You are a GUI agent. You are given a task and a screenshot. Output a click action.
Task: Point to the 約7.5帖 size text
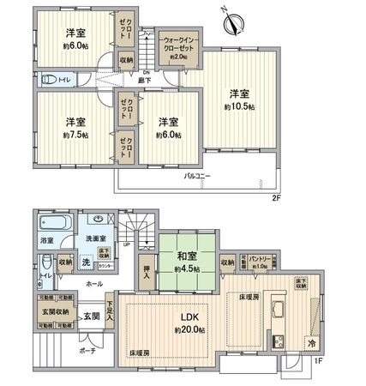click(x=74, y=135)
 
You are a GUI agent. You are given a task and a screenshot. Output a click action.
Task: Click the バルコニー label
click(x=197, y=176)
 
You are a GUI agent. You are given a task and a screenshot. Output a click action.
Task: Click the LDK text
click(x=187, y=317)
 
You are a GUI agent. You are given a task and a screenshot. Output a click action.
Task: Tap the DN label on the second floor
click(x=146, y=71)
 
